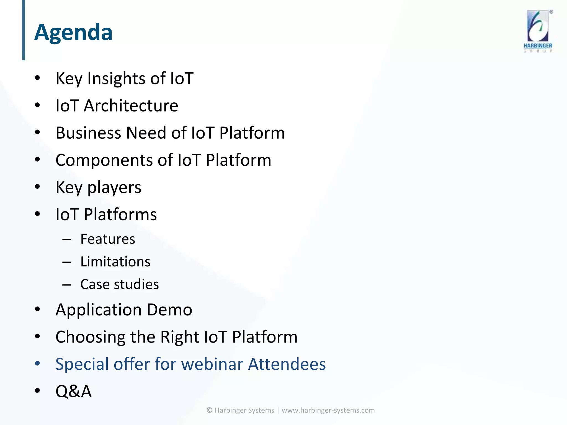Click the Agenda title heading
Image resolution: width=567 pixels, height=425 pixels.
(x=73, y=32)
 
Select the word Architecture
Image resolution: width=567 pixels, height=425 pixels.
(x=131, y=106)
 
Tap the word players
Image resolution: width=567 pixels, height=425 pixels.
(x=114, y=188)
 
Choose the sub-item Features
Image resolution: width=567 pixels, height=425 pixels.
(x=108, y=239)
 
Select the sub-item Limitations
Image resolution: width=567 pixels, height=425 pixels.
(x=115, y=262)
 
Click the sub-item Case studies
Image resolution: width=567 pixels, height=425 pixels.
(x=120, y=284)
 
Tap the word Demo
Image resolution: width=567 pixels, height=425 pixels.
(x=169, y=310)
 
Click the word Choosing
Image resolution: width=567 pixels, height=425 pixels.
(x=90, y=337)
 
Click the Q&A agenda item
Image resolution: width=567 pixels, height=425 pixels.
(x=73, y=391)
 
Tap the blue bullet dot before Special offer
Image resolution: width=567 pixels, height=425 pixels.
(x=38, y=363)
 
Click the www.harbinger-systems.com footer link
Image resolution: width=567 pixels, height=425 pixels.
(x=328, y=410)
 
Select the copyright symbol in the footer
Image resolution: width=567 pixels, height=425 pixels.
(x=210, y=410)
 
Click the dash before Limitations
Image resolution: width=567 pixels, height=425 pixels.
(x=67, y=262)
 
